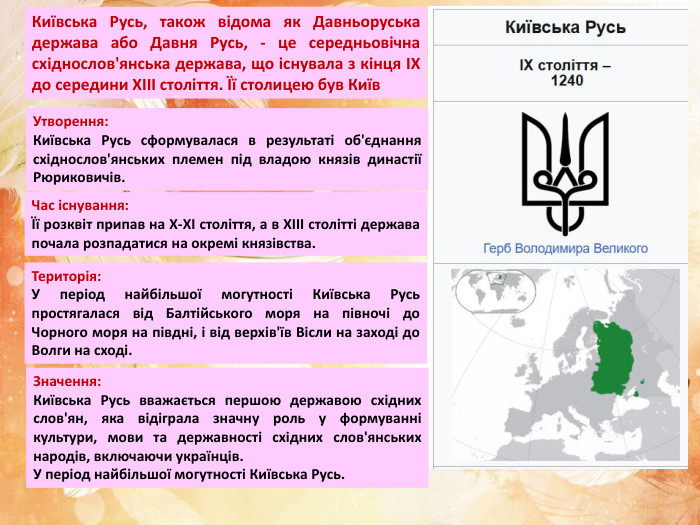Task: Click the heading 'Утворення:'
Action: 71,122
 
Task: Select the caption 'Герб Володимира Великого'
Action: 565,248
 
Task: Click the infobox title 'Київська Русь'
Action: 566,27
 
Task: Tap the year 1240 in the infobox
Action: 566,81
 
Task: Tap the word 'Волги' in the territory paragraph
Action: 54,351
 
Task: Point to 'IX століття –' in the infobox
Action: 566,65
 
